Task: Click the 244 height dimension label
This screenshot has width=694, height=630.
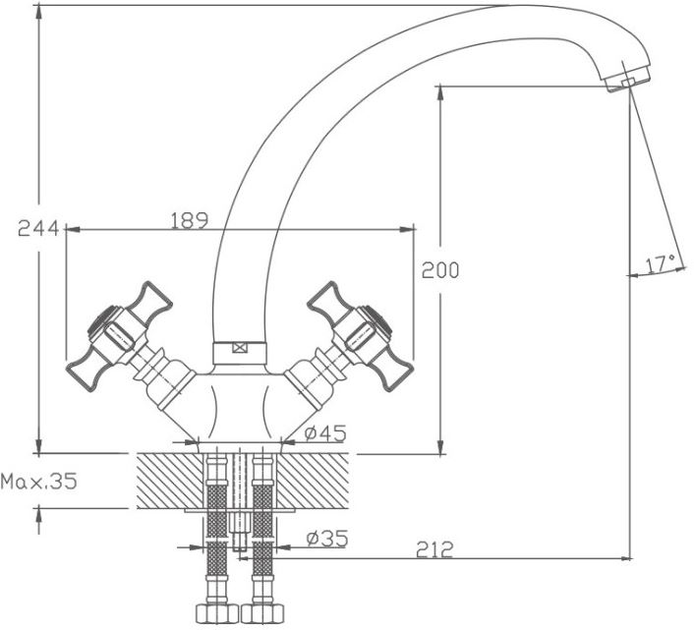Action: pyautogui.click(x=38, y=228)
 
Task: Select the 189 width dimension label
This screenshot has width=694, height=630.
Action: pyautogui.click(x=190, y=221)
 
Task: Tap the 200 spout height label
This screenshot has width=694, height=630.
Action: pyautogui.click(x=440, y=270)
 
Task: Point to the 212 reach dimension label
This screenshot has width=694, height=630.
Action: pyautogui.click(x=434, y=549)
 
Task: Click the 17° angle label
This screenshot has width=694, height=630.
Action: pyautogui.click(x=661, y=263)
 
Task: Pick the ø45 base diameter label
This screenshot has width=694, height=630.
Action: pyautogui.click(x=325, y=433)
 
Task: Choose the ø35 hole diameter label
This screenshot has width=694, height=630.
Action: pyautogui.click(x=327, y=539)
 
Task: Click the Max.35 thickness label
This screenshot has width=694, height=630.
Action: pyautogui.click(x=39, y=482)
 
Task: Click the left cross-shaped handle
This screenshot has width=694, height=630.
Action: pyautogui.click(x=119, y=336)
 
